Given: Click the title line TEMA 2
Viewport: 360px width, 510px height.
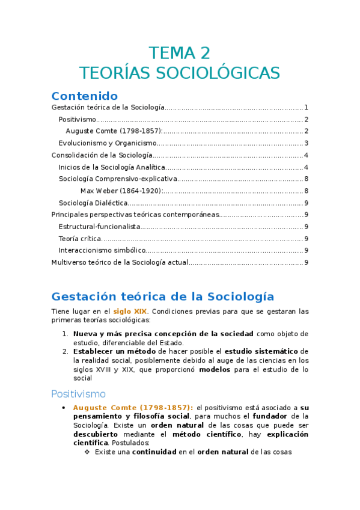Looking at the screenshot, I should pyautogui.click(x=180, y=53).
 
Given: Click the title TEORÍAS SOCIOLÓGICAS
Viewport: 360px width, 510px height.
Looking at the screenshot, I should pyautogui.click(x=180, y=73).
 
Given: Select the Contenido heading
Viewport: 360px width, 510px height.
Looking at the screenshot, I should pyautogui.click(x=84, y=96).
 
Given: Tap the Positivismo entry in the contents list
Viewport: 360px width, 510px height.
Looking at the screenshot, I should pyautogui.click(x=78, y=119).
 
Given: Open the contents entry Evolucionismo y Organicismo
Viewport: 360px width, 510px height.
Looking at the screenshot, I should pyautogui.click(x=107, y=143).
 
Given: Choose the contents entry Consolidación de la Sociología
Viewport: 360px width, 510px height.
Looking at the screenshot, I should pyautogui.click(x=99, y=155).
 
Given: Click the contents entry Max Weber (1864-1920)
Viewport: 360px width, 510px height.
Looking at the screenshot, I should pyautogui.click(x=121, y=191).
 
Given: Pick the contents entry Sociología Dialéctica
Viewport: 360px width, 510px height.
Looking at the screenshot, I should pyautogui.click(x=93, y=203).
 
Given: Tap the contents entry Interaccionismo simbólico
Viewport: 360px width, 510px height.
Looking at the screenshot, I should pyautogui.click(x=102, y=250).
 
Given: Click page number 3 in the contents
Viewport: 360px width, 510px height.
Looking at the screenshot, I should pyautogui.click(x=306, y=143).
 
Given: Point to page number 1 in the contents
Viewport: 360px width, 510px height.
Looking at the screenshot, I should pyautogui.click(x=306, y=107).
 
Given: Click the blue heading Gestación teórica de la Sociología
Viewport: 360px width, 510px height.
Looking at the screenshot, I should pyautogui.click(x=163, y=296).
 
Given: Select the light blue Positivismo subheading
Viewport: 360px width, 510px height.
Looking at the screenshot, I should pyautogui.click(x=78, y=394).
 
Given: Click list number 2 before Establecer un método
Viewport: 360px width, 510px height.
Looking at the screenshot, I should pyautogui.click(x=66, y=351).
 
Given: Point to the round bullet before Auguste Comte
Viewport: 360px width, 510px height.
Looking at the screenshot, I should pyautogui.click(x=64, y=408).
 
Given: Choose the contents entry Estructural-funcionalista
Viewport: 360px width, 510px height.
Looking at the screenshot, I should pyautogui.click(x=99, y=227).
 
